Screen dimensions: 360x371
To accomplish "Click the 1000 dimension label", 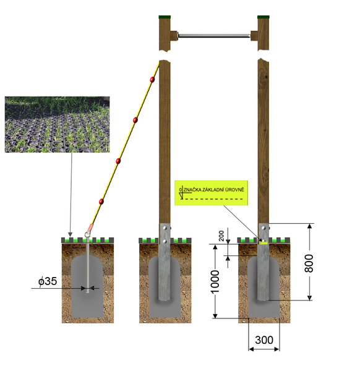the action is click(x=215, y=281).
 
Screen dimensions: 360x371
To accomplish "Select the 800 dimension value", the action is click(x=309, y=263).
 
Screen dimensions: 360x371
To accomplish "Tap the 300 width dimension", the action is click(x=264, y=340).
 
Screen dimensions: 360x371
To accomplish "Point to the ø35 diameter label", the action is click(x=48, y=281).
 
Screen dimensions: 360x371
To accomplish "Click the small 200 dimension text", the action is click(x=221, y=236).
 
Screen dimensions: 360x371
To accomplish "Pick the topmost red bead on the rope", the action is click(x=152, y=80).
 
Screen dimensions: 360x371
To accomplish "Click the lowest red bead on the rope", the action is click(x=101, y=202).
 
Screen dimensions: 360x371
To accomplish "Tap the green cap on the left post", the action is click(x=165, y=17).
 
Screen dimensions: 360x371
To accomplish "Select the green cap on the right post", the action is click(x=263, y=17).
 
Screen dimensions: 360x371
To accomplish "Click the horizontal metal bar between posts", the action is click(x=214, y=36).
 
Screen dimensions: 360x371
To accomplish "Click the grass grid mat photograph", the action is click(x=57, y=124).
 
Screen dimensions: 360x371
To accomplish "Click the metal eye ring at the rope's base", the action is click(x=88, y=235).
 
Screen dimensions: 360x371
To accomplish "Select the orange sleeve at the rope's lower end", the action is click(x=91, y=228).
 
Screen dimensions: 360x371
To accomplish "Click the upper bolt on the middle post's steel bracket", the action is click(x=165, y=228).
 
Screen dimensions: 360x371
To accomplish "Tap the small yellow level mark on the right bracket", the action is click(x=263, y=242).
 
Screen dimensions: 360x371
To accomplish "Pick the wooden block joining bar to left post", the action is click(x=174, y=36).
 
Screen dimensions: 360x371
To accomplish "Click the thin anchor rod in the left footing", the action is click(x=87, y=265).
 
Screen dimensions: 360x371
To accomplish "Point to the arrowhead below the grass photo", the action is click(x=70, y=234).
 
